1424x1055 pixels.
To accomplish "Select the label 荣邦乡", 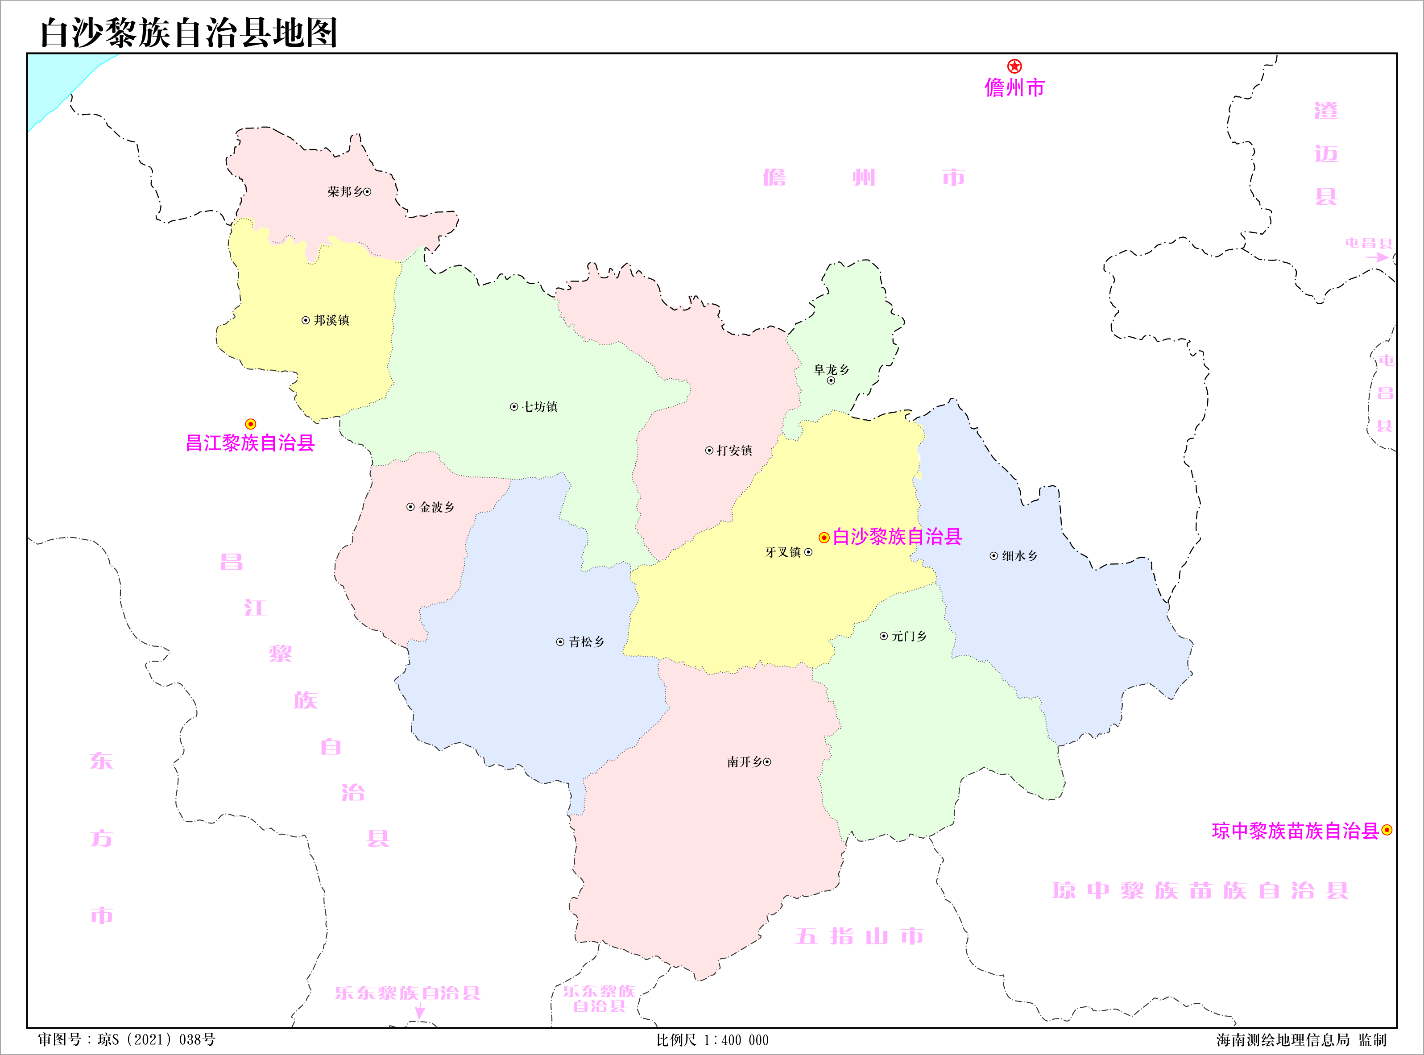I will (x=345, y=191).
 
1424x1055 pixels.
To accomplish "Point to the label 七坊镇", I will (x=540, y=407).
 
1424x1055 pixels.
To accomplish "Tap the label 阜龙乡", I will (x=831, y=370).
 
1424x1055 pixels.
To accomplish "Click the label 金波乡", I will (x=437, y=507).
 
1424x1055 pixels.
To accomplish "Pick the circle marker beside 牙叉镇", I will (x=808, y=552).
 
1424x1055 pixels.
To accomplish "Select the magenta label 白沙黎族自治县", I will (x=897, y=537).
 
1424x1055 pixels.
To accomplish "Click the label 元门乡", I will (x=909, y=636).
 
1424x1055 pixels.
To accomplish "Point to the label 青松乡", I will (x=587, y=642).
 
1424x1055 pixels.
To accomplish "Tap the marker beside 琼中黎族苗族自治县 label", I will (x=1387, y=830).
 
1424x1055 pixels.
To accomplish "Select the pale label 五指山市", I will (x=860, y=936).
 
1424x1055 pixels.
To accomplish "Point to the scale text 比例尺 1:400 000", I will (x=712, y=1040).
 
